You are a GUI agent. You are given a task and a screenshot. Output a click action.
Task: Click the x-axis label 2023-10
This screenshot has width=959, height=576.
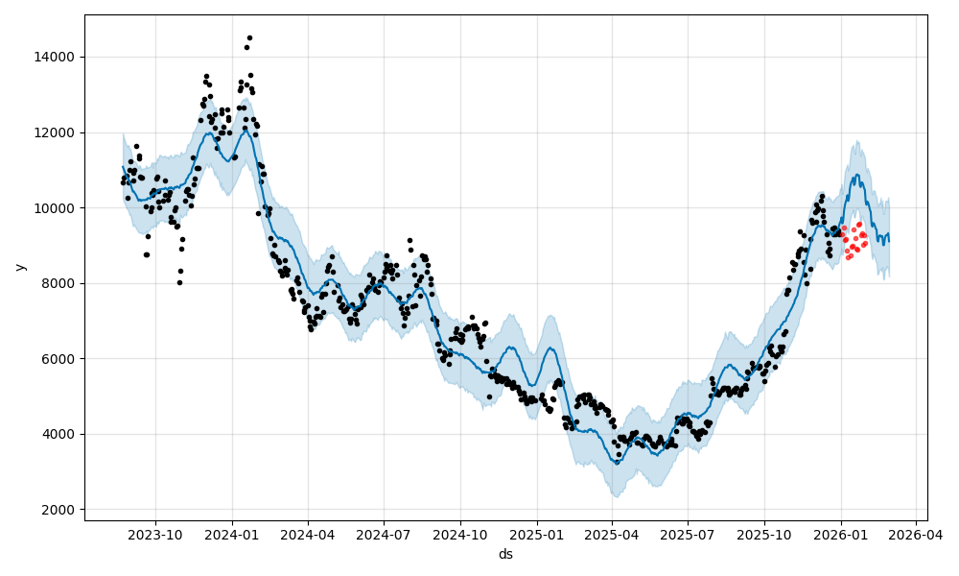(x=155, y=534)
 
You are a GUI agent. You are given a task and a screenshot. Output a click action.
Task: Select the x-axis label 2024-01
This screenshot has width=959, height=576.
(x=232, y=534)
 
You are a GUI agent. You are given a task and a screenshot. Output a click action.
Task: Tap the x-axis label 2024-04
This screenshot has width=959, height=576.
(x=308, y=534)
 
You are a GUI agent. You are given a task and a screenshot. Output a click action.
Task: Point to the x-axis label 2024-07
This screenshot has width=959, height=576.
(x=384, y=534)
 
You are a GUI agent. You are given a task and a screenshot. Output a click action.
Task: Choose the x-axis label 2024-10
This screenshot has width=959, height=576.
(x=460, y=534)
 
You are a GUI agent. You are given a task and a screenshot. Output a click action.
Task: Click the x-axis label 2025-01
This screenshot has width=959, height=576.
(x=537, y=534)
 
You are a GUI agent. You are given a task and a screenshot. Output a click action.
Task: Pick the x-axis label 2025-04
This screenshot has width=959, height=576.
(x=612, y=534)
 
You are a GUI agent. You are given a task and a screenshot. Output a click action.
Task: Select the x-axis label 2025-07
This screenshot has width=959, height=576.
(x=688, y=534)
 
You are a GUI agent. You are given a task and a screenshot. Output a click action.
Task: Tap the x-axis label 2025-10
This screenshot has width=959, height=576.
(x=764, y=534)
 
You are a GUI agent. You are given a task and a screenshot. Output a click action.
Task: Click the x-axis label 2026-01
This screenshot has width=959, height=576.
(x=841, y=534)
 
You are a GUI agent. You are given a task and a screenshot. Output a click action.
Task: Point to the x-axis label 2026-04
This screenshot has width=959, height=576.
(x=916, y=534)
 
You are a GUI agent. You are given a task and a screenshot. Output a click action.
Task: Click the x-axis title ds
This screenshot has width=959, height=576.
(x=505, y=554)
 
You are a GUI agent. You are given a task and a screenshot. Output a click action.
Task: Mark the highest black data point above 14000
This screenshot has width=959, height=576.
(x=249, y=38)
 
